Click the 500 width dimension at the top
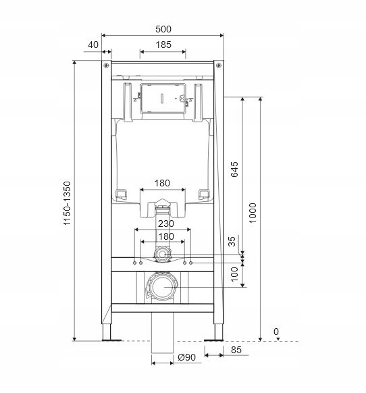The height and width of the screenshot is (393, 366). click(x=163, y=29)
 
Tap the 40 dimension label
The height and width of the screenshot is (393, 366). click(x=93, y=45)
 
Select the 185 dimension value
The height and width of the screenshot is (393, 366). click(x=163, y=45)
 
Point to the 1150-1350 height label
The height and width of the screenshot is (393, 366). click(x=67, y=203)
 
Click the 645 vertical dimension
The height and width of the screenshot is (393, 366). click(x=234, y=169)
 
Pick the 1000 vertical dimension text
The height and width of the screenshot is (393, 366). click(x=253, y=213)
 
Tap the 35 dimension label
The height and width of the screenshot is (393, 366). click(x=232, y=242)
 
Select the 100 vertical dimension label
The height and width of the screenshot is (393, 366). click(x=234, y=274)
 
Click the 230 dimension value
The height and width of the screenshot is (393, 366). click(x=166, y=224)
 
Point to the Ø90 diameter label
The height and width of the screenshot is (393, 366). click(x=187, y=357)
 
